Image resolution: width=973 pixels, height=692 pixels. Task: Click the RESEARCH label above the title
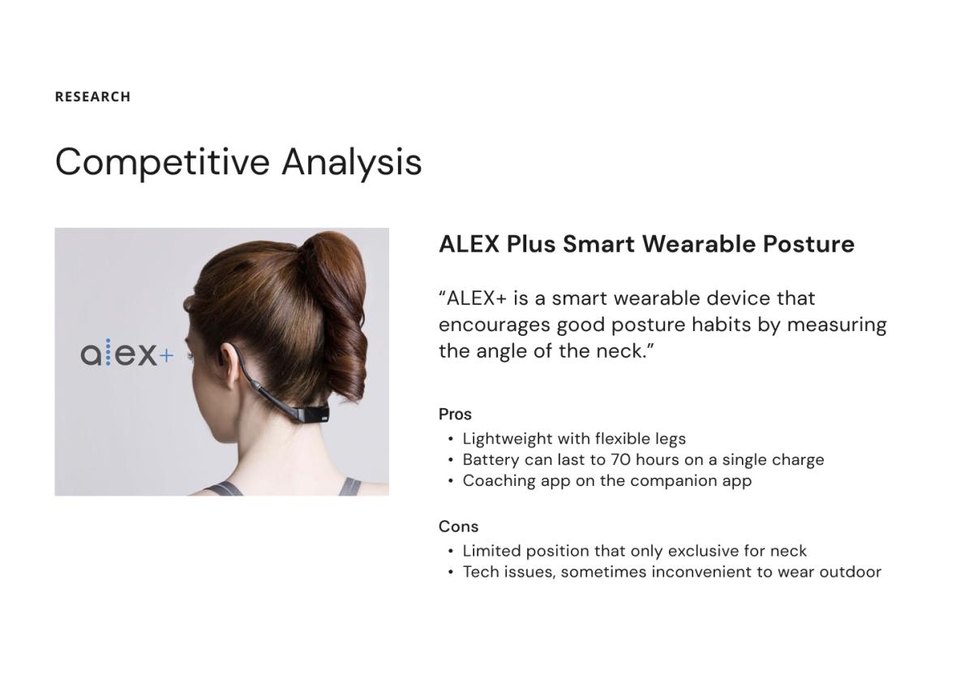coord(92,97)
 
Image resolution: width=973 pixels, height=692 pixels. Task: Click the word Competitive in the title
coord(162,163)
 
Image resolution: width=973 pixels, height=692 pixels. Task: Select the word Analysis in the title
coord(352,163)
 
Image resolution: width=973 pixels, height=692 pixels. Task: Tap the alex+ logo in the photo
coord(126,353)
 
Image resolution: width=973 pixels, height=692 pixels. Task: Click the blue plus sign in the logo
coord(166,356)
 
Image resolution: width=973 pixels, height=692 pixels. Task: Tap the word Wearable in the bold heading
coord(698,244)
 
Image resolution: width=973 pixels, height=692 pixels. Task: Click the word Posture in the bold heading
coord(809,244)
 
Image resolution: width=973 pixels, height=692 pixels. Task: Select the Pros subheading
coord(455,415)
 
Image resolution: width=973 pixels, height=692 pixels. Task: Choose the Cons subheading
coord(458,527)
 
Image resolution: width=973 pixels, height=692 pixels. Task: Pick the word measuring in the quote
coord(837,325)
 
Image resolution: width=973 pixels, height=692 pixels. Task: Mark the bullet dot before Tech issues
coord(451,572)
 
